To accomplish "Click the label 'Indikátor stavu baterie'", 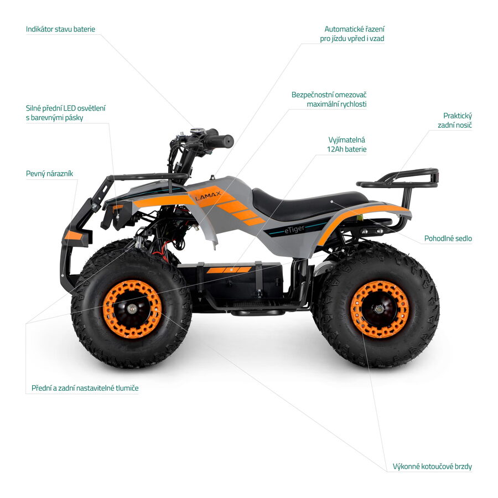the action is [x=60, y=29].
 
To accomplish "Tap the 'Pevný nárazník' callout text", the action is [x=49, y=174].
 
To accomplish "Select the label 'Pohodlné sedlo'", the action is [x=448, y=238].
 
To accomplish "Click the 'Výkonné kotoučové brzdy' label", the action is [x=432, y=466].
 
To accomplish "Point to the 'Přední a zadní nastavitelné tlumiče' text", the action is [x=85, y=388].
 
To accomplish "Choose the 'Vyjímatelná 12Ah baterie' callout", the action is [x=346, y=144].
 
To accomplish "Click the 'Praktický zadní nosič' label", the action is [x=455, y=121].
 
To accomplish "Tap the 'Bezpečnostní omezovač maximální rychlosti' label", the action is [x=329, y=100].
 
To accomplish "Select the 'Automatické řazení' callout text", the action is [x=354, y=29].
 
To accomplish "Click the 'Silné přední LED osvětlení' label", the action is [x=65, y=108].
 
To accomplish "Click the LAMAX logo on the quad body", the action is [x=207, y=196].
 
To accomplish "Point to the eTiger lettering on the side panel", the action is [x=294, y=229].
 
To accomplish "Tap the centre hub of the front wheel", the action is [x=132, y=308].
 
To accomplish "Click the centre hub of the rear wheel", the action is [x=378, y=309].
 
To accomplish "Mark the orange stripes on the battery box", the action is [x=229, y=270].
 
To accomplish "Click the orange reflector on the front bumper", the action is [x=73, y=235].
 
